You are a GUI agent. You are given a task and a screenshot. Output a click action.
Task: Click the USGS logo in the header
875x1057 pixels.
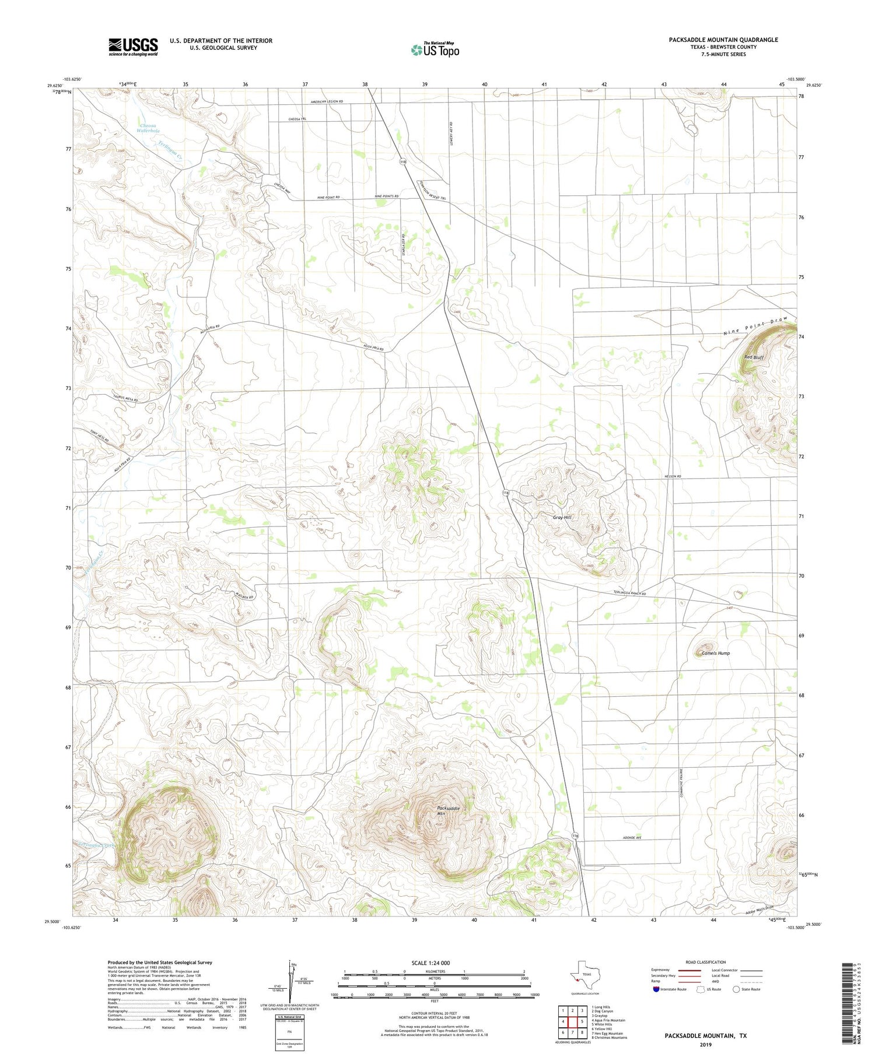tap(133, 47)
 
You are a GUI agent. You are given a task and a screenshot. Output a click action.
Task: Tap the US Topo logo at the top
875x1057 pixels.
tap(435, 50)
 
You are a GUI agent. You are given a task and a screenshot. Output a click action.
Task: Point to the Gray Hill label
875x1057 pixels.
tap(562, 517)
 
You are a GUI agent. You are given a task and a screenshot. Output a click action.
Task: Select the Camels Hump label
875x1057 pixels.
tap(715, 653)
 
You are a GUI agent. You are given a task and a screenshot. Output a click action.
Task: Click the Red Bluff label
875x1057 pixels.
tap(754, 357)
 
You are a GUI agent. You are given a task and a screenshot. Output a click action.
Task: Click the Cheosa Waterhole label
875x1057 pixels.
tap(148, 128)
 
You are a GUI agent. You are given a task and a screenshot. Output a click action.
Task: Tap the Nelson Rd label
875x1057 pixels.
tap(673, 476)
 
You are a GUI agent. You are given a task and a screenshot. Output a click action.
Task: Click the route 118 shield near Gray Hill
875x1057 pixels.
tap(506, 493)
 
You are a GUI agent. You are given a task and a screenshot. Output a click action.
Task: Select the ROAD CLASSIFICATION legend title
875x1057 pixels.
tap(705, 962)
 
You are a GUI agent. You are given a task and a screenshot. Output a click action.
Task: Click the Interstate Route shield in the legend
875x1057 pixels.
tap(656, 989)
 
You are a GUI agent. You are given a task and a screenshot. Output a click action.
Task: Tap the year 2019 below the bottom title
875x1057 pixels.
tap(705, 1044)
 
